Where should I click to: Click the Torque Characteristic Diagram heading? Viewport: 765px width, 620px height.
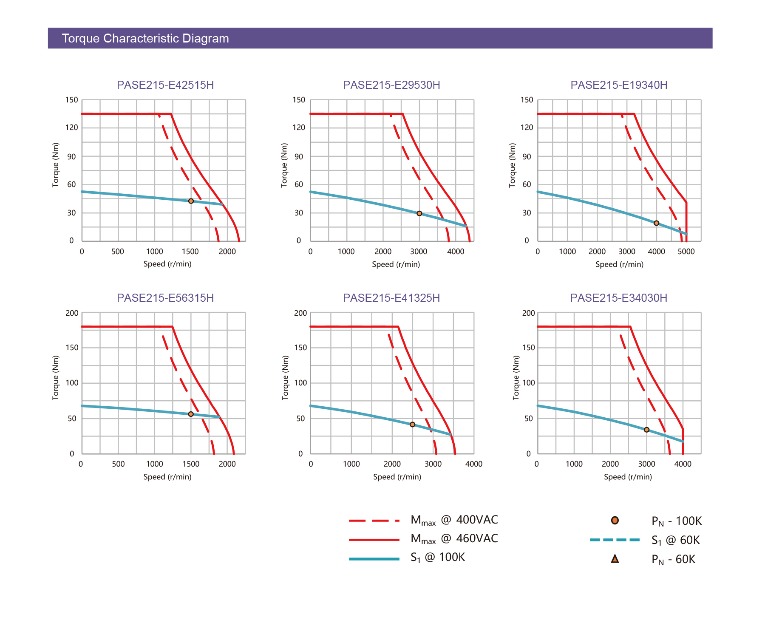[145, 38]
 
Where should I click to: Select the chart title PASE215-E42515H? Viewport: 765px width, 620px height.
[165, 85]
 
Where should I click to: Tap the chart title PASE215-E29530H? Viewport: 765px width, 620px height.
[391, 85]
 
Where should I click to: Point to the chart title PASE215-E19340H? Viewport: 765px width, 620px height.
[619, 85]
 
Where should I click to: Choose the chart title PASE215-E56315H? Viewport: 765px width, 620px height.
[165, 298]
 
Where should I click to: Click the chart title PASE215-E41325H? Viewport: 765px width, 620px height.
[391, 298]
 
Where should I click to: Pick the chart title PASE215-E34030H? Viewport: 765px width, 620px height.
[619, 298]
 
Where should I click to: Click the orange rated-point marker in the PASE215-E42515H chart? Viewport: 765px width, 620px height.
[191, 201]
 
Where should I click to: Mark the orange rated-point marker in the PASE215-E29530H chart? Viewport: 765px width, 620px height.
[419, 213]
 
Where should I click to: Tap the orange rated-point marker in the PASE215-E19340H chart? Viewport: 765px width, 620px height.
[656, 223]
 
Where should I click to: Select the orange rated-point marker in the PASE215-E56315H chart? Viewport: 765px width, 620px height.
[191, 414]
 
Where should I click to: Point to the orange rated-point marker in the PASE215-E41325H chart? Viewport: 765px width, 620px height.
[412, 425]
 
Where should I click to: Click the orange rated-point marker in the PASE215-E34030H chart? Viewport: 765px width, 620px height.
[646, 430]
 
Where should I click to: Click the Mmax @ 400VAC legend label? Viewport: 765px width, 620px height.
[454, 520]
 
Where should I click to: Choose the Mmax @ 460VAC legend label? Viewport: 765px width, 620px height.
[454, 539]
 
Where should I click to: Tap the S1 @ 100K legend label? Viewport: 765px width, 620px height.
[438, 558]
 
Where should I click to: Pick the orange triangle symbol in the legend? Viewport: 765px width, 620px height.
[615, 559]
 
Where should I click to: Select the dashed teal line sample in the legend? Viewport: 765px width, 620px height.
[615, 540]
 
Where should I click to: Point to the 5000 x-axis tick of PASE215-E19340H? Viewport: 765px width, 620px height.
[686, 252]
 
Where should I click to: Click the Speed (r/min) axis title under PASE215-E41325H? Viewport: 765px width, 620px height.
[397, 477]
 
